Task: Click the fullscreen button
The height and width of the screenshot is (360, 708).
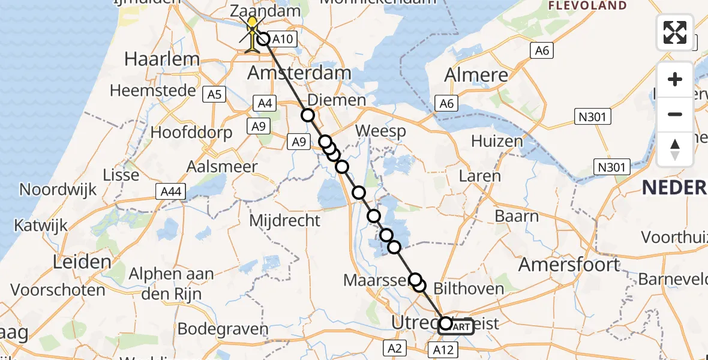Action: pos(675,32)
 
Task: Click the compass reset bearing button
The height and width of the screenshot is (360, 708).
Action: pos(675,149)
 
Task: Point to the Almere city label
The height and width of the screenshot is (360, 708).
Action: pos(476,75)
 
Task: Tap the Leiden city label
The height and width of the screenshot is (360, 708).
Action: pos(82,262)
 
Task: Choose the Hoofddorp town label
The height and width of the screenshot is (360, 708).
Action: pos(192,133)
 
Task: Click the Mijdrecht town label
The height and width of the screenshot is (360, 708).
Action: pos(284,221)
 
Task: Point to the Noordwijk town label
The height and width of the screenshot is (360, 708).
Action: pos(58,190)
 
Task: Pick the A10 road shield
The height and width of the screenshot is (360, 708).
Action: pos(282,40)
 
